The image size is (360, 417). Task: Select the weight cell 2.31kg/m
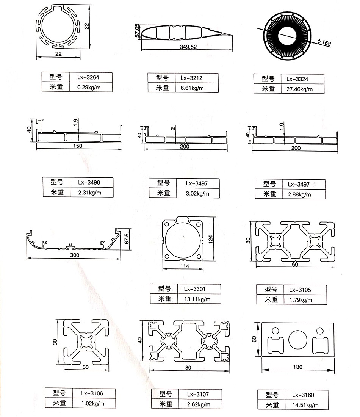[89, 193]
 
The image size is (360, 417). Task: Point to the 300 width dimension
[75, 255]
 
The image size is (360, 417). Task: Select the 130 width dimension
[298, 367]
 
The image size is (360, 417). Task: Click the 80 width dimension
[188, 367]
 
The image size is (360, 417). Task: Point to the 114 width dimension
[185, 266]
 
